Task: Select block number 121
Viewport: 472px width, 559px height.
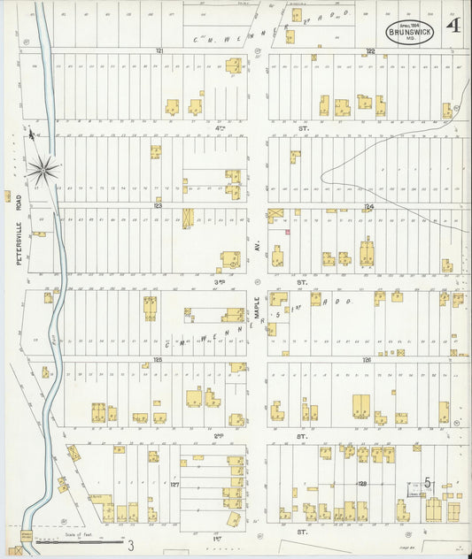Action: pos(159,51)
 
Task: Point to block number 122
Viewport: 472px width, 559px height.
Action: pos(370,51)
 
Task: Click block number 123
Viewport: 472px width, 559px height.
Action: pos(158,204)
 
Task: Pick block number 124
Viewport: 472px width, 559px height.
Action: pos(370,205)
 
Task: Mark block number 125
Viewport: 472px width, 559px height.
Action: pos(158,359)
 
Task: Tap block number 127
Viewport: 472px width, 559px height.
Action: pos(174,484)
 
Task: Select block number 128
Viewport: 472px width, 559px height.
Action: pos(362,484)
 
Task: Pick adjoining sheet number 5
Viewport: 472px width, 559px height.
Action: pos(427,483)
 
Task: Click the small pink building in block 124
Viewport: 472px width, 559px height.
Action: pos(287,232)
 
